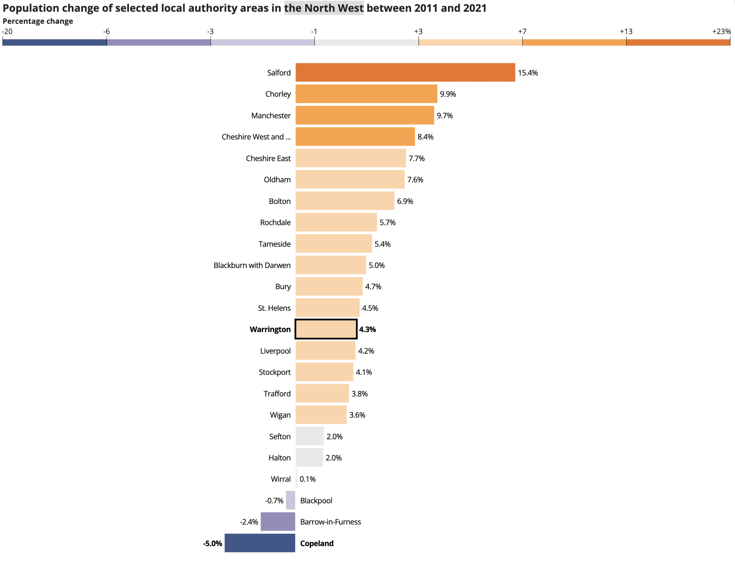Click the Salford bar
pyautogui.click(x=405, y=73)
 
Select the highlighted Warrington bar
pyautogui.click(x=326, y=329)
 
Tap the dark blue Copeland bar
pyautogui.click(x=260, y=543)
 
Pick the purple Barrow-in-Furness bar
pyautogui.click(x=278, y=522)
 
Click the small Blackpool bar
pyautogui.click(x=291, y=500)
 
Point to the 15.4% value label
pyautogui.click(x=528, y=73)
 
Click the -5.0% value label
pyautogui.click(x=213, y=544)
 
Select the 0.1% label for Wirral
pyautogui.click(x=307, y=479)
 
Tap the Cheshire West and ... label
pyautogui.click(x=256, y=137)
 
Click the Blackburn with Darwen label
pyautogui.click(x=252, y=265)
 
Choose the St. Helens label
pyautogui.click(x=274, y=308)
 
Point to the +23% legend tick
pyautogui.click(x=721, y=31)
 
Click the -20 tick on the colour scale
pyautogui.click(x=7, y=31)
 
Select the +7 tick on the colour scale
pyautogui.click(x=522, y=31)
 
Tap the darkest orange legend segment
pyautogui.click(x=678, y=42)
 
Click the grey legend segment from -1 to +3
pyautogui.click(x=366, y=42)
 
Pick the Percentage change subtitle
pyautogui.click(x=38, y=21)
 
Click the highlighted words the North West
pyautogui.click(x=324, y=8)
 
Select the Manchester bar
pyautogui.click(x=365, y=115)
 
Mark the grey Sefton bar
pyautogui.click(x=310, y=436)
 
